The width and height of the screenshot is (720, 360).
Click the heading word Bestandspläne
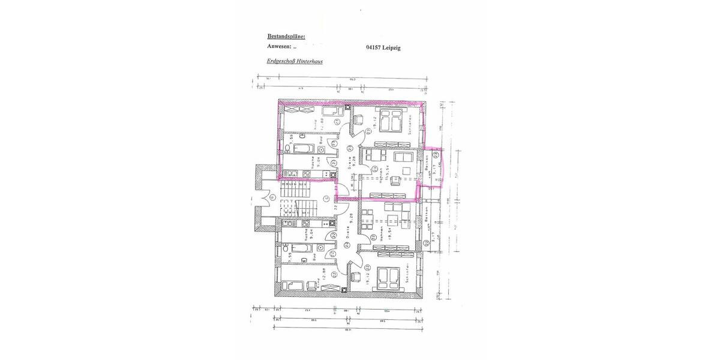(286, 37)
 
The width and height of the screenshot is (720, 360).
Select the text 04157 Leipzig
(383, 47)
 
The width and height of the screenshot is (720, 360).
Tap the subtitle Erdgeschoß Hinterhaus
(295, 61)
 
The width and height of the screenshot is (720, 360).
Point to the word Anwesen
(279, 47)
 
